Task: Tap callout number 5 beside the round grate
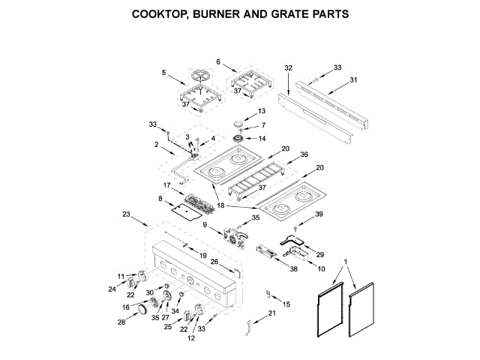pos(163,72)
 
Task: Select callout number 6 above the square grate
pos(218,61)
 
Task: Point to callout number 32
pos(288,67)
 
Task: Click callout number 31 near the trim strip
pos(354,81)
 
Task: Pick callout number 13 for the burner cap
pos(262,111)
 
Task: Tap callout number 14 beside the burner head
pos(262,139)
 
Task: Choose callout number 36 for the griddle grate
pos(304,154)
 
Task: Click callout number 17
pos(168,184)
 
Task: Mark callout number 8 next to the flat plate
pos(160,199)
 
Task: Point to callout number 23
pos(125,214)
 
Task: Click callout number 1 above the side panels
pos(345,262)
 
